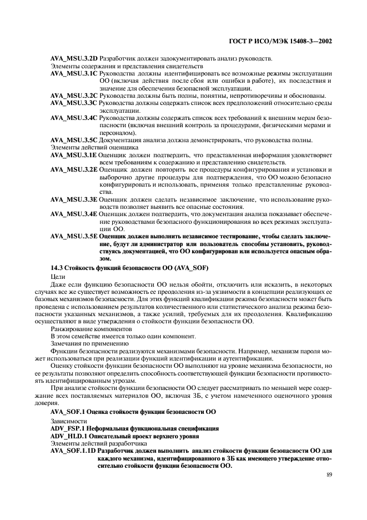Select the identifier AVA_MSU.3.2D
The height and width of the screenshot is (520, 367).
(x=74, y=58)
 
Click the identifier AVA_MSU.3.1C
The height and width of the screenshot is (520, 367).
(x=74, y=73)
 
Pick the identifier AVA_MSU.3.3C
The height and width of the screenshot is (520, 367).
(x=74, y=103)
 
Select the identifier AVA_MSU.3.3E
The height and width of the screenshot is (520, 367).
(x=74, y=199)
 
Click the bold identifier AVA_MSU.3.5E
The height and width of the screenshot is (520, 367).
(x=74, y=236)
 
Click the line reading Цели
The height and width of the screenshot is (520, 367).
(x=57, y=276)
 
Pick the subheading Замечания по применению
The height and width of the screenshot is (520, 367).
(x=82, y=343)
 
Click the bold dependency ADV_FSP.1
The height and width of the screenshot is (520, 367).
(x=69, y=428)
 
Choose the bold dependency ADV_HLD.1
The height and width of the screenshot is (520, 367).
(x=71, y=436)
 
